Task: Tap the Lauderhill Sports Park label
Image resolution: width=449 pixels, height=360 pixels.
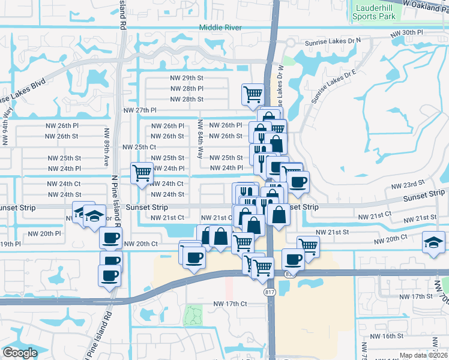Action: pyautogui.click(x=375, y=13)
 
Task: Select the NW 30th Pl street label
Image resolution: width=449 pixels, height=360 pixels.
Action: pyautogui.click(x=408, y=32)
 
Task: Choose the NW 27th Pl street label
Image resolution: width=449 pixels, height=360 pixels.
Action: pyautogui.click(x=140, y=110)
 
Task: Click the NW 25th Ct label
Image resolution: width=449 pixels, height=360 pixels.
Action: pyautogui.click(x=139, y=147)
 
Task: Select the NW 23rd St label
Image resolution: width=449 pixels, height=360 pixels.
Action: pyautogui.click(x=408, y=183)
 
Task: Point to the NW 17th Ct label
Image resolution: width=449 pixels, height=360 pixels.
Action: pyautogui.click(x=230, y=304)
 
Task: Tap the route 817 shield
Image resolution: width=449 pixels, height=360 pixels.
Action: pyautogui.click(x=271, y=292)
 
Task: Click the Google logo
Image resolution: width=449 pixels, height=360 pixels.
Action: pyautogui.click(x=20, y=353)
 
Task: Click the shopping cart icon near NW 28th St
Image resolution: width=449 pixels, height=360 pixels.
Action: pyautogui.click(x=253, y=93)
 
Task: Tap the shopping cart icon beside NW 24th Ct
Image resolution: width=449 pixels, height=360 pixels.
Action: pyautogui.click(x=142, y=173)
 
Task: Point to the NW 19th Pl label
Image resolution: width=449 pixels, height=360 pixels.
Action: pyautogui.click(x=10, y=244)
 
